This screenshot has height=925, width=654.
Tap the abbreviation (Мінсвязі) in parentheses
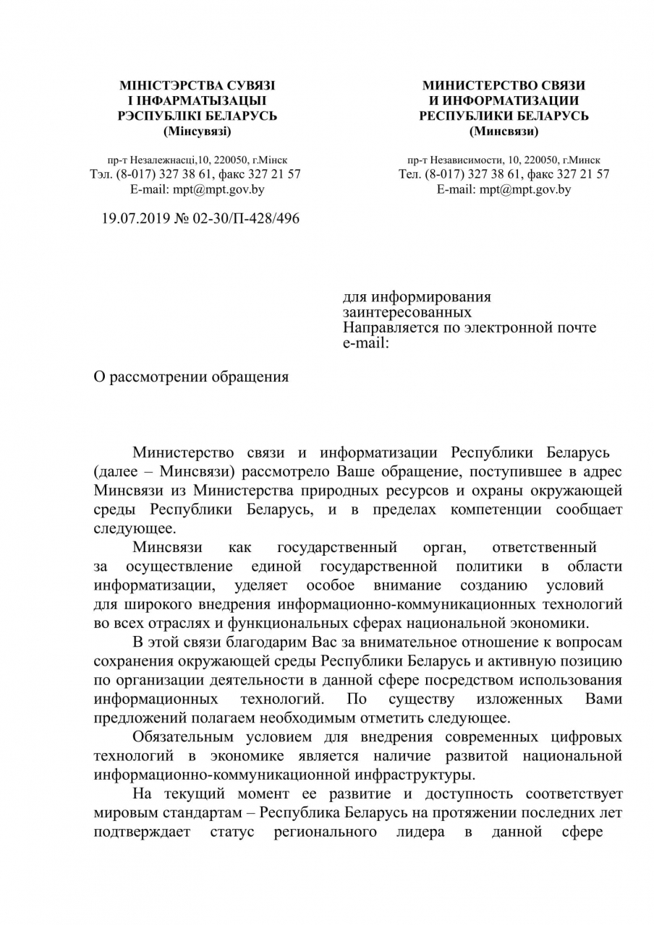coord(198,131)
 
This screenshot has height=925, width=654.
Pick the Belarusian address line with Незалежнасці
coord(197,160)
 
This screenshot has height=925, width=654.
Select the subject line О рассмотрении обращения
coord(192,377)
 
